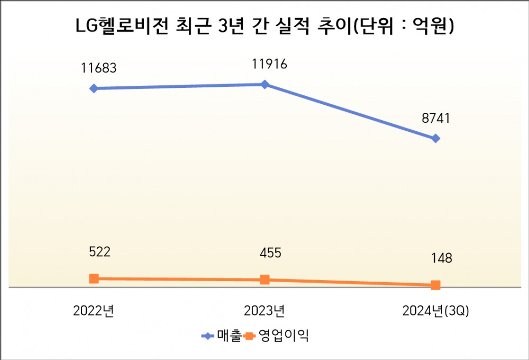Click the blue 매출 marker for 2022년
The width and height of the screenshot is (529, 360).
94,88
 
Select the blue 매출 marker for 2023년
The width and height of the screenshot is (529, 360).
265,84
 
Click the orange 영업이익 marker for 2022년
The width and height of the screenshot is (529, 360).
94,278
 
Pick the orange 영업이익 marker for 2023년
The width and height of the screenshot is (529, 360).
265,280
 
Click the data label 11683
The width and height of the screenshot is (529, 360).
99,68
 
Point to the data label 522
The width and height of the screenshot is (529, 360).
99,253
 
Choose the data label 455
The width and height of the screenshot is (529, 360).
270,254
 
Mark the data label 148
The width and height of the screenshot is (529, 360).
441,259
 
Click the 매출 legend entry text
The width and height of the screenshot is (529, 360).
229,336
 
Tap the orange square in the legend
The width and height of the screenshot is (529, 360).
249,336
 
